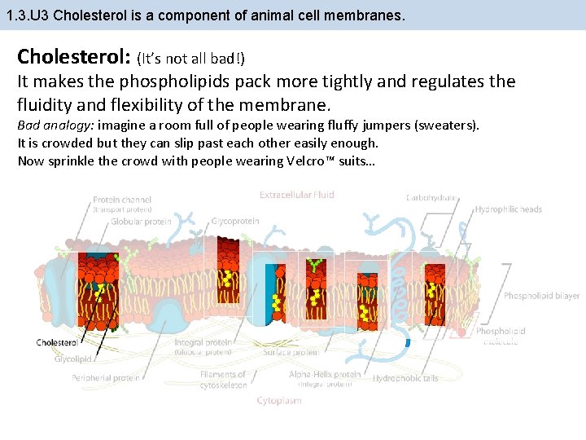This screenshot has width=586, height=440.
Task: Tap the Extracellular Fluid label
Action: pos(297,195)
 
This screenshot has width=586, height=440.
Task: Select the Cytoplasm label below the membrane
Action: pos(279,400)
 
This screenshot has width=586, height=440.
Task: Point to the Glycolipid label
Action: pos(74,359)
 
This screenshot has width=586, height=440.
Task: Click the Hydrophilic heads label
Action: pos(509,209)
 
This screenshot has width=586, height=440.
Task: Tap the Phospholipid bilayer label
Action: pos(541,296)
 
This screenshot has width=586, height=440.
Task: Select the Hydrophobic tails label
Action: pos(405,378)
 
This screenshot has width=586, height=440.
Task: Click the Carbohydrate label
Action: pos(431,198)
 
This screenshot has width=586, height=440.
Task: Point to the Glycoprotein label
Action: pos(235,221)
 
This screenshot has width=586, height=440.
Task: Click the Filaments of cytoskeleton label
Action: pos(223,380)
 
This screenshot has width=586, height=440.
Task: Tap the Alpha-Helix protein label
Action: pos(325,375)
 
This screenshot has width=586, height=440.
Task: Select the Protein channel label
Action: pos(121,200)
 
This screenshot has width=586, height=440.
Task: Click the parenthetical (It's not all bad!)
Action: pos(190,59)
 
